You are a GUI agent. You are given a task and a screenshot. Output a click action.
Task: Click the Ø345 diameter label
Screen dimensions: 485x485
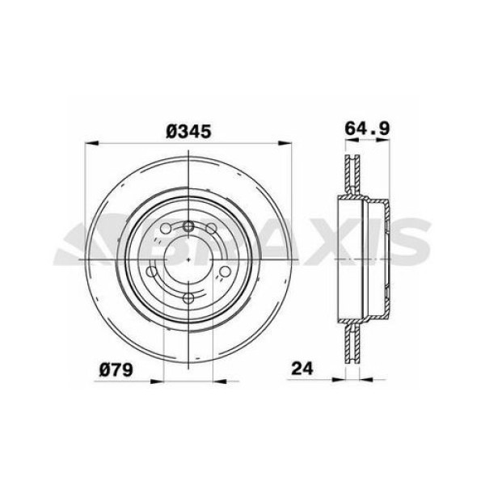pos(188,131)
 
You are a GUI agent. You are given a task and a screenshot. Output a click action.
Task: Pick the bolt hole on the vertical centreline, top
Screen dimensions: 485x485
pos(188,226)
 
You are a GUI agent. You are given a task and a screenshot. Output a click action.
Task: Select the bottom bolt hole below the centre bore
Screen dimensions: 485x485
pos(188,300)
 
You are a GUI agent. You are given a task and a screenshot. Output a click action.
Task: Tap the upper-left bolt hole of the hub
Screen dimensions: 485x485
pos(166,231)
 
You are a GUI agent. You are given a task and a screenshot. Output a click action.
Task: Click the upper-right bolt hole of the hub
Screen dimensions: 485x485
pos(211,231)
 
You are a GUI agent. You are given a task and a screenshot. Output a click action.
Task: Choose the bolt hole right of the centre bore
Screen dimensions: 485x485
pos(225,272)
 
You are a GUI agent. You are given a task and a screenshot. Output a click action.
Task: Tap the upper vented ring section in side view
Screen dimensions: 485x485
pos(350,174)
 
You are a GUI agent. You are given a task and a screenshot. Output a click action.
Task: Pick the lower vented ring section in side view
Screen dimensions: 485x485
pos(350,344)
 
